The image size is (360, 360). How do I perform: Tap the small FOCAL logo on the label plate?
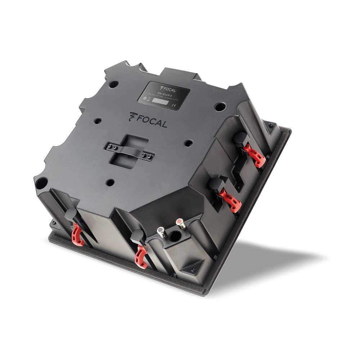(x=165, y=88)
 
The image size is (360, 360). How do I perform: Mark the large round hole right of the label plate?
(x=219, y=107)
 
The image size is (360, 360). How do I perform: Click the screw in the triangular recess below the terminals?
(x=193, y=269)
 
